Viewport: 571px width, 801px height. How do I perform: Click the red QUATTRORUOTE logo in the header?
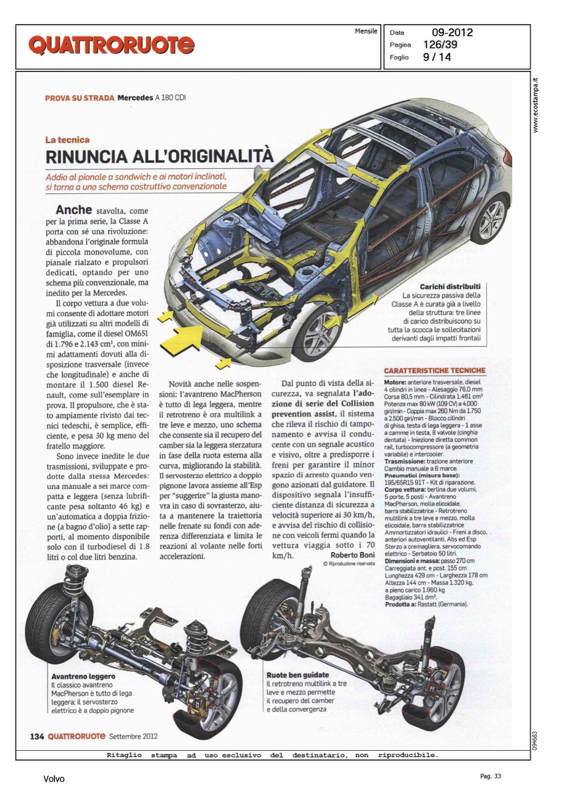tap(111, 45)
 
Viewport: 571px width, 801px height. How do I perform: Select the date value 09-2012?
tap(452, 33)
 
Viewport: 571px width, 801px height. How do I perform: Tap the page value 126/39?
tap(440, 45)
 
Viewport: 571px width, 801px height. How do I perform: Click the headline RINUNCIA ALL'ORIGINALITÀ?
tap(159, 157)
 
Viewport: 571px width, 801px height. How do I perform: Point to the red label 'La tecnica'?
tap(67, 140)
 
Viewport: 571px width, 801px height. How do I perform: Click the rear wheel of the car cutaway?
tap(492, 219)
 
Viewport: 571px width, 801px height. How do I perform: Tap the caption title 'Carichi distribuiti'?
tap(450, 287)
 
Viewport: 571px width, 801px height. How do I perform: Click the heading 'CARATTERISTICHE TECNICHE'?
tap(435, 371)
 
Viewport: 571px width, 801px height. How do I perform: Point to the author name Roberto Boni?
tap(353, 555)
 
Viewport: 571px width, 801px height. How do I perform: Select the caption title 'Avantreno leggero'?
tap(83, 676)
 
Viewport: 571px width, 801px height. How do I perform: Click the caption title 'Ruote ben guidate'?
tap(298, 675)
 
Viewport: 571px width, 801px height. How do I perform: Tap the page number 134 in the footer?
tap(37, 736)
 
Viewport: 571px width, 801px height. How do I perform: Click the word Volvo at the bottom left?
tap(54, 779)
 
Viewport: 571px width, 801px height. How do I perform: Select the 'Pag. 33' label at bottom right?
tap(490, 776)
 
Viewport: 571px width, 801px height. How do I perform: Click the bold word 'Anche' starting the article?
tap(74, 210)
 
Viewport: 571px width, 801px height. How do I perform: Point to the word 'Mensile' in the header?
tap(366, 32)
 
